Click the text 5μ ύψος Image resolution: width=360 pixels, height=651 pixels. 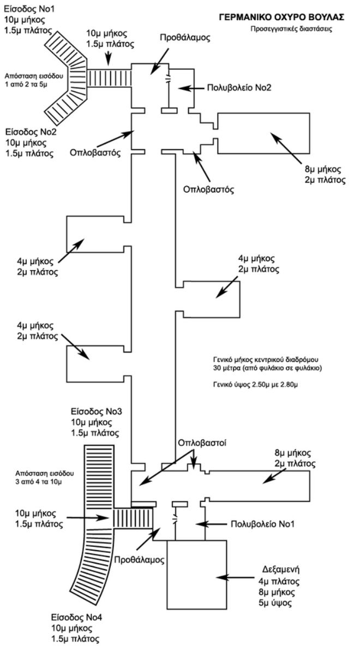pos(279,603)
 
